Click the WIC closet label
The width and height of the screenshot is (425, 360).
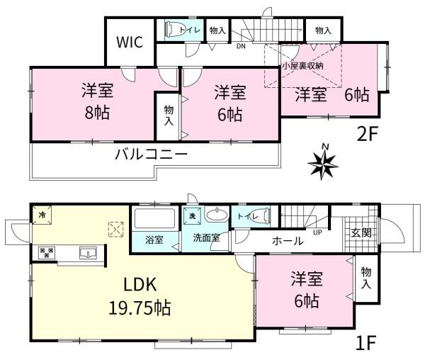130,42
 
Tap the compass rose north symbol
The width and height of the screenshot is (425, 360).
324,163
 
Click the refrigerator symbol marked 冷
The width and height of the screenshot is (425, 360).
41,215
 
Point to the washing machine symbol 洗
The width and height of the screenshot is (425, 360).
191,215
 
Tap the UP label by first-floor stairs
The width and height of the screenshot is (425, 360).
317,231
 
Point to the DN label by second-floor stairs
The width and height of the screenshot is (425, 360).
240,48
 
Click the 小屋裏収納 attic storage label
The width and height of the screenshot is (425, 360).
302,64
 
